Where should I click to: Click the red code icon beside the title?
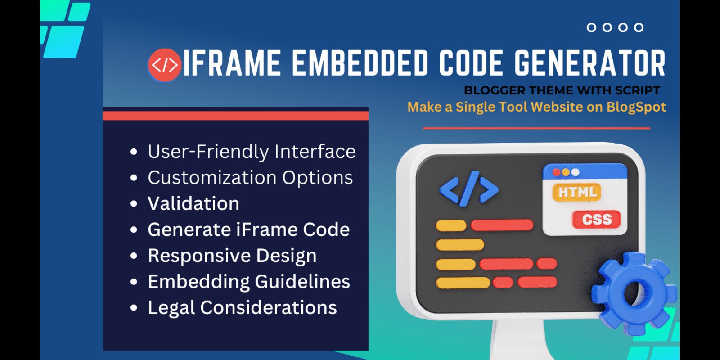click(x=165, y=65)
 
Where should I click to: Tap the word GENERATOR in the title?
click(x=589, y=63)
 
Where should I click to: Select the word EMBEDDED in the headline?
click(x=360, y=63)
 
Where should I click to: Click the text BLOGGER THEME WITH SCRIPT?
click(x=562, y=90)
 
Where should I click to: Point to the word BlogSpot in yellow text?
click(x=636, y=107)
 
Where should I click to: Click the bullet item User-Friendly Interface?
click(x=252, y=151)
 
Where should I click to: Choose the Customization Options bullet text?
click(x=250, y=177)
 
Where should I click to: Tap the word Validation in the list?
click(x=193, y=203)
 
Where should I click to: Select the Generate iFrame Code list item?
click(x=249, y=229)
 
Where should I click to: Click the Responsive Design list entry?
click(x=232, y=256)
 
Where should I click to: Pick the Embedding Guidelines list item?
click(x=249, y=282)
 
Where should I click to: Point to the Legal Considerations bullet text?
click(x=243, y=308)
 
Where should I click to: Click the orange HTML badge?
click(x=577, y=192)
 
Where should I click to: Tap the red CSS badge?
click(x=597, y=220)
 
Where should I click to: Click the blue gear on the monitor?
click(x=634, y=293)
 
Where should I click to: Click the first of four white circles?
click(x=591, y=27)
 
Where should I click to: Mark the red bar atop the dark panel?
click(x=236, y=116)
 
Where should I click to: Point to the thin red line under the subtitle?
click(x=536, y=128)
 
